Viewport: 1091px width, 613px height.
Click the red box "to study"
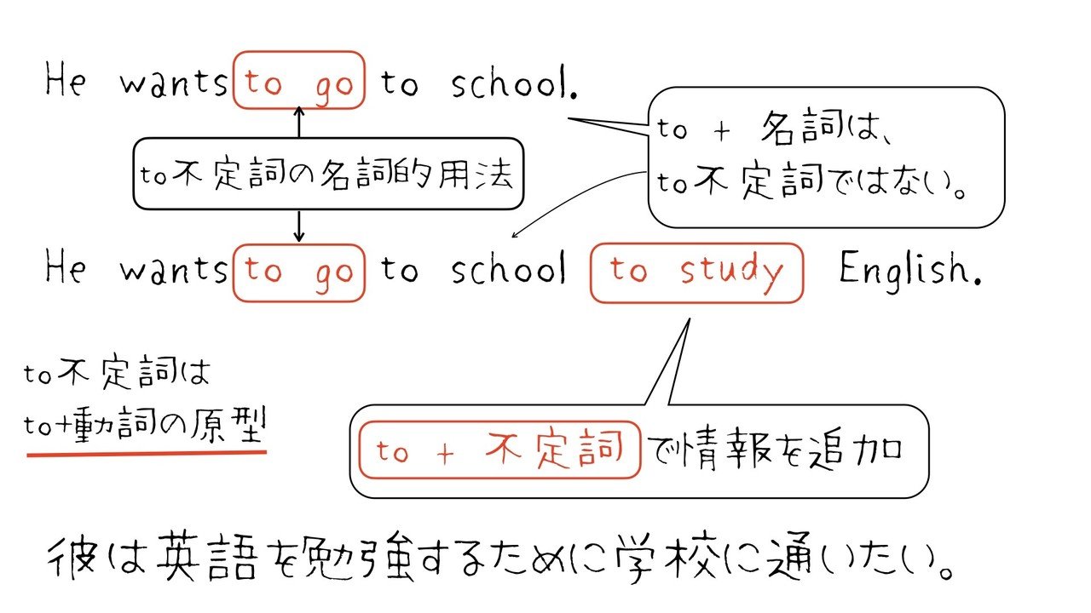(x=696, y=272)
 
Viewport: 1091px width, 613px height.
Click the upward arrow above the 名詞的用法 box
(x=298, y=122)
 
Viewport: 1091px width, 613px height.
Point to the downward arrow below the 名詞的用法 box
(x=298, y=226)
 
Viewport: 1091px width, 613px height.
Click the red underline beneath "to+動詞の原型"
(x=147, y=452)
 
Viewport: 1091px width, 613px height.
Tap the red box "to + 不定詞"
(x=499, y=450)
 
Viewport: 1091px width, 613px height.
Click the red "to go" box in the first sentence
(x=298, y=81)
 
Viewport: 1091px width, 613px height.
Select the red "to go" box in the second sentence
(x=298, y=272)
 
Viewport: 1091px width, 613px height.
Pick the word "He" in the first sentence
(x=66, y=83)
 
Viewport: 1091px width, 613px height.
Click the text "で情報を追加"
(x=774, y=450)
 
